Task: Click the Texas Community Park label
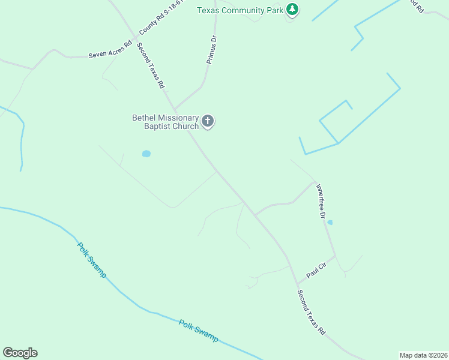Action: (240, 10)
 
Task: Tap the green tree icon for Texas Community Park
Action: (292, 9)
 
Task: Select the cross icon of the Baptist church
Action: (208, 122)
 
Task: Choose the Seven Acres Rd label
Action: (110, 49)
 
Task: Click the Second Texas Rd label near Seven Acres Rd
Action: (150, 65)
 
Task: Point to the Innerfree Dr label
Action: (321, 200)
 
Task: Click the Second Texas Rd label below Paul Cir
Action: (312, 313)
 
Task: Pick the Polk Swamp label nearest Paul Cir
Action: (198, 331)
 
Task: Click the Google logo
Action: (20, 353)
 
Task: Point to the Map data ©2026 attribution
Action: (423, 355)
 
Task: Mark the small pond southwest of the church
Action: (146, 154)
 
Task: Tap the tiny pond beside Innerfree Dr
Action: (330, 222)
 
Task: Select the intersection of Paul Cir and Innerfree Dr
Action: (336, 256)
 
